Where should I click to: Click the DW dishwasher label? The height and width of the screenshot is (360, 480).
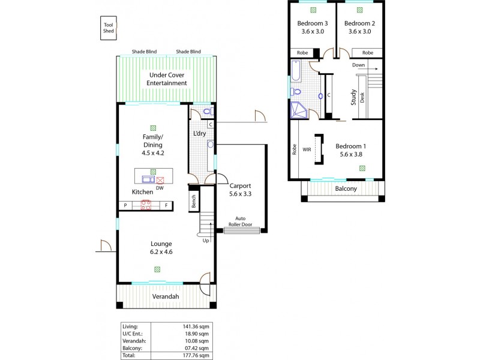click(x=160, y=188)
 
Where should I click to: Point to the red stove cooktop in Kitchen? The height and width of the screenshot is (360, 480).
click(x=146, y=205)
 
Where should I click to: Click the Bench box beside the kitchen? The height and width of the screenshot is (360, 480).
click(x=194, y=202)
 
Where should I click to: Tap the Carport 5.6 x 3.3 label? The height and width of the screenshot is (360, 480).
click(x=240, y=190)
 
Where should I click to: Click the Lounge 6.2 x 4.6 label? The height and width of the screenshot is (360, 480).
click(x=161, y=248)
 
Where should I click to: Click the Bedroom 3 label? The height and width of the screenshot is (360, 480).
click(x=311, y=28)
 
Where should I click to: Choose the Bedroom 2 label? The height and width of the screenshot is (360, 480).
click(x=359, y=28)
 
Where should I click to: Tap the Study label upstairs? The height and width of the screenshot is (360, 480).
click(x=354, y=97)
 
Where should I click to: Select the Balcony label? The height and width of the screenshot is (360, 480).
click(x=346, y=188)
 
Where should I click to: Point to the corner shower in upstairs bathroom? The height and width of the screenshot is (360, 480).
click(x=297, y=110)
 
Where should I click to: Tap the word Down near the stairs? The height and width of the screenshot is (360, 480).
click(x=359, y=65)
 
